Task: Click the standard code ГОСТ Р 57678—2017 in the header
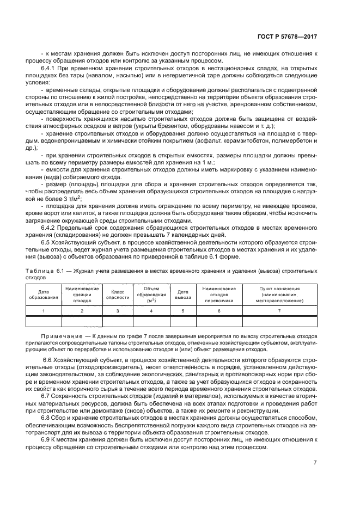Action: tap(290, 37)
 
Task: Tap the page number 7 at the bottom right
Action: tap(315, 463)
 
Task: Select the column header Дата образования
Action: tap(44, 295)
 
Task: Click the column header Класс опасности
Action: tap(117, 295)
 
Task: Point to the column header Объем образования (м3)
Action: tap(151, 295)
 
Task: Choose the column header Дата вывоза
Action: tap(182, 295)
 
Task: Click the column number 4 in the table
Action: tap(151, 310)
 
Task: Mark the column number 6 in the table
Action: tap(218, 310)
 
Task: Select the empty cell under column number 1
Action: tap(44, 321)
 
